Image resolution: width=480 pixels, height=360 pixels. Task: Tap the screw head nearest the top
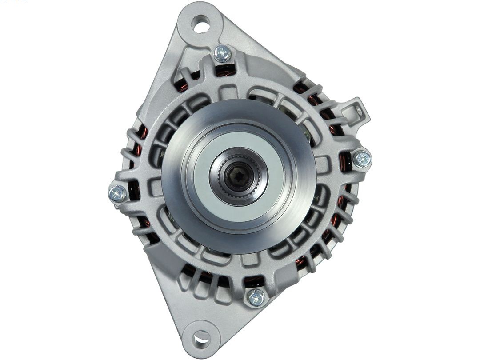pyautogui.click(x=222, y=54)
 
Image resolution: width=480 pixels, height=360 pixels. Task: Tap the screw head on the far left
pyautogui.click(x=117, y=194)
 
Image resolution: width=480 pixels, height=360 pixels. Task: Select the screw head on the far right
pyautogui.click(x=362, y=159)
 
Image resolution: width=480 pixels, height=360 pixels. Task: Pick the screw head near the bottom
pyautogui.click(x=256, y=297)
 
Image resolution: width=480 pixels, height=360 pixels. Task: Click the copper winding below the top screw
pyautogui.click(x=225, y=70)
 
